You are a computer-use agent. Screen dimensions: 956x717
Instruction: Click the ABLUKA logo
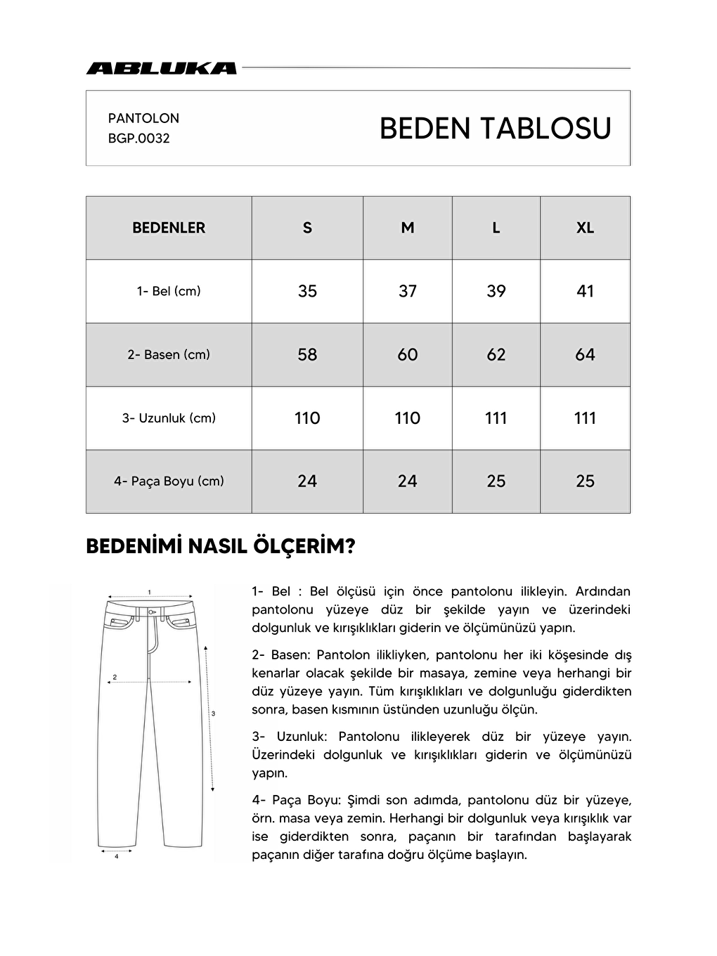click(161, 68)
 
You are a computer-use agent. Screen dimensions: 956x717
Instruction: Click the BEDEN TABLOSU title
click(495, 129)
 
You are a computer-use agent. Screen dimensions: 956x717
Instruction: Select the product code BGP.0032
click(139, 138)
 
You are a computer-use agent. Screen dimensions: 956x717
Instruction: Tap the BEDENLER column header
click(169, 228)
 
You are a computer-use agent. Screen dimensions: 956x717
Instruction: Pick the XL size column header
click(585, 228)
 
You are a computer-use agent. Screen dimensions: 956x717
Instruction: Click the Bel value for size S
click(307, 291)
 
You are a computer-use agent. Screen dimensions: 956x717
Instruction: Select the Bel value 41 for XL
click(585, 291)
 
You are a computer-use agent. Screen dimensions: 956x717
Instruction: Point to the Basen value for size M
click(408, 355)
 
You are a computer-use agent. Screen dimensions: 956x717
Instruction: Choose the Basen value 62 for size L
click(496, 355)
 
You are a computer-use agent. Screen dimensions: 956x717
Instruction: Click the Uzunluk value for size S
click(307, 418)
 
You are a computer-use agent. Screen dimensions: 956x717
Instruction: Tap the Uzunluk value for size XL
click(585, 418)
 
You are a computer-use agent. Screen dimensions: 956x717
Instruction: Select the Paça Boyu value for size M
click(408, 482)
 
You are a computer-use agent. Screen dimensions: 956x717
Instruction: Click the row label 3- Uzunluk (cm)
click(169, 418)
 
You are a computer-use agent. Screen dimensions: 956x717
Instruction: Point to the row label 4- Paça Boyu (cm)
click(169, 482)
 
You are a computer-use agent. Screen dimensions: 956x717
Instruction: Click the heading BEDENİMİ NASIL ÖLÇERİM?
click(221, 547)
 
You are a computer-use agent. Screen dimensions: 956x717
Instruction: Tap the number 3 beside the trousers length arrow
click(213, 713)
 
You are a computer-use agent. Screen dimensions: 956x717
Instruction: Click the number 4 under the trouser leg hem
click(116, 857)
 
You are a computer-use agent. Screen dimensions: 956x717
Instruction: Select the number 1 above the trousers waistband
click(149, 591)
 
